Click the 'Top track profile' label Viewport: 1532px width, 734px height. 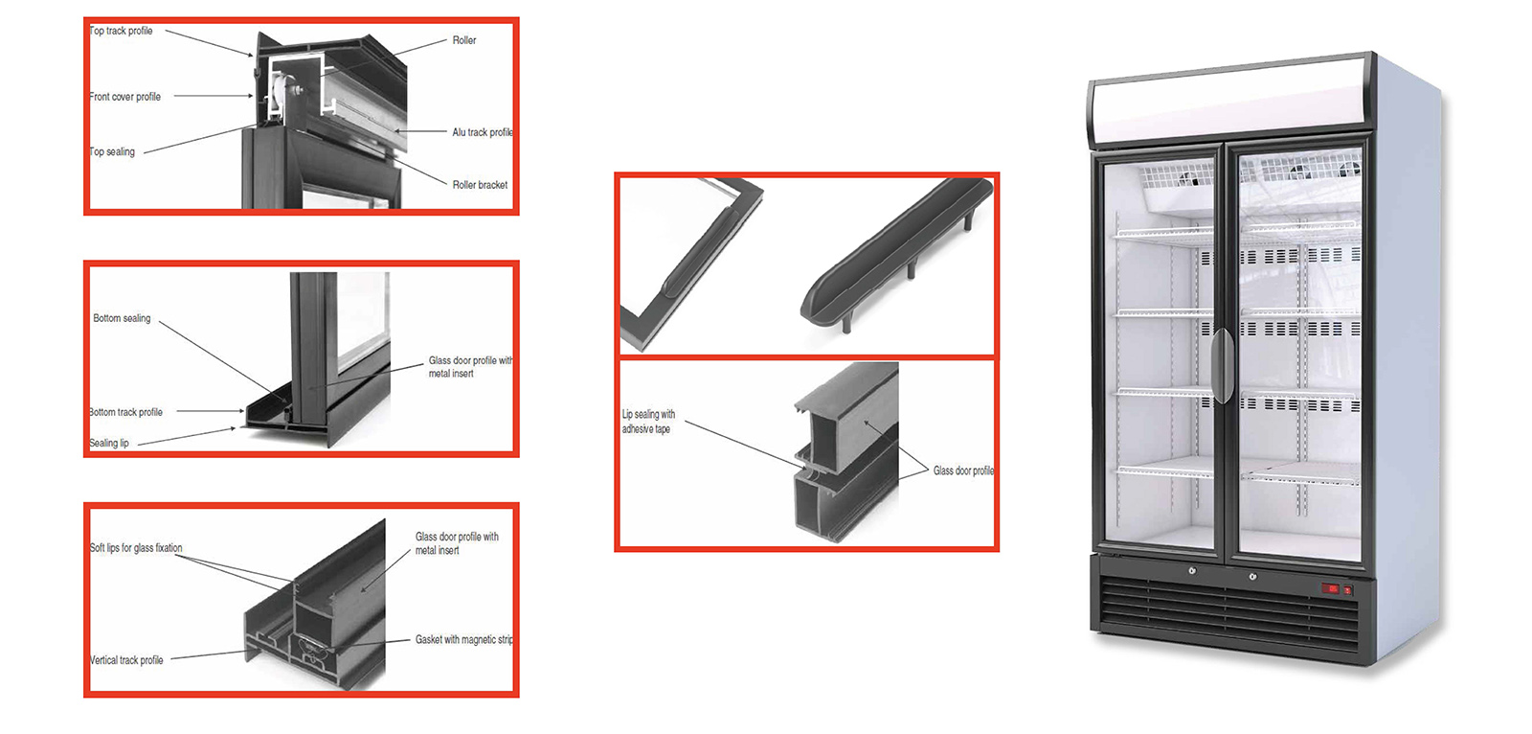(x=121, y=31)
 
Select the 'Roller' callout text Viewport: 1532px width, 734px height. (x=464, y=40)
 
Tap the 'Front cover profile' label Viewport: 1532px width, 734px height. (x=125, y=97)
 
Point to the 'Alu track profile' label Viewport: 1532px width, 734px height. (x=483, y=132)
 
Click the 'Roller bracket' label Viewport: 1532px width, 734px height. (x=480, y=185)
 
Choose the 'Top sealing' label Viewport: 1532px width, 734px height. (x=112, y=152)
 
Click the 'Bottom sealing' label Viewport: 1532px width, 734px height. (x=122, y=318)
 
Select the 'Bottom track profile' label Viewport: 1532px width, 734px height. (x=125, y=412)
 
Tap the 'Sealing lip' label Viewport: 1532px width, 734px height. (x=109, y=443)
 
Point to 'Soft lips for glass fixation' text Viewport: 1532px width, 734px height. (x=136, y=548)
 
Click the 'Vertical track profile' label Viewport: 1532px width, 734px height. (x=126, y=660)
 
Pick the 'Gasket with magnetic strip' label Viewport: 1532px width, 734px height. (x=464, y=639)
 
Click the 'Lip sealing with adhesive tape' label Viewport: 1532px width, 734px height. (x=648, y=422)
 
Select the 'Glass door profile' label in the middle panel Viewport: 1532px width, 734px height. (x=963, y=470)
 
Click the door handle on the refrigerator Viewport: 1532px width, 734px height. (x=1222, y=366)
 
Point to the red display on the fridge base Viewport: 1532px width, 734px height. (x=1331, y=588)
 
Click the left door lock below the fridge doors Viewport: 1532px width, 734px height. (x=1192, y=570)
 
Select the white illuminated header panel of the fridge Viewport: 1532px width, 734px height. (x=1228, y=100)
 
